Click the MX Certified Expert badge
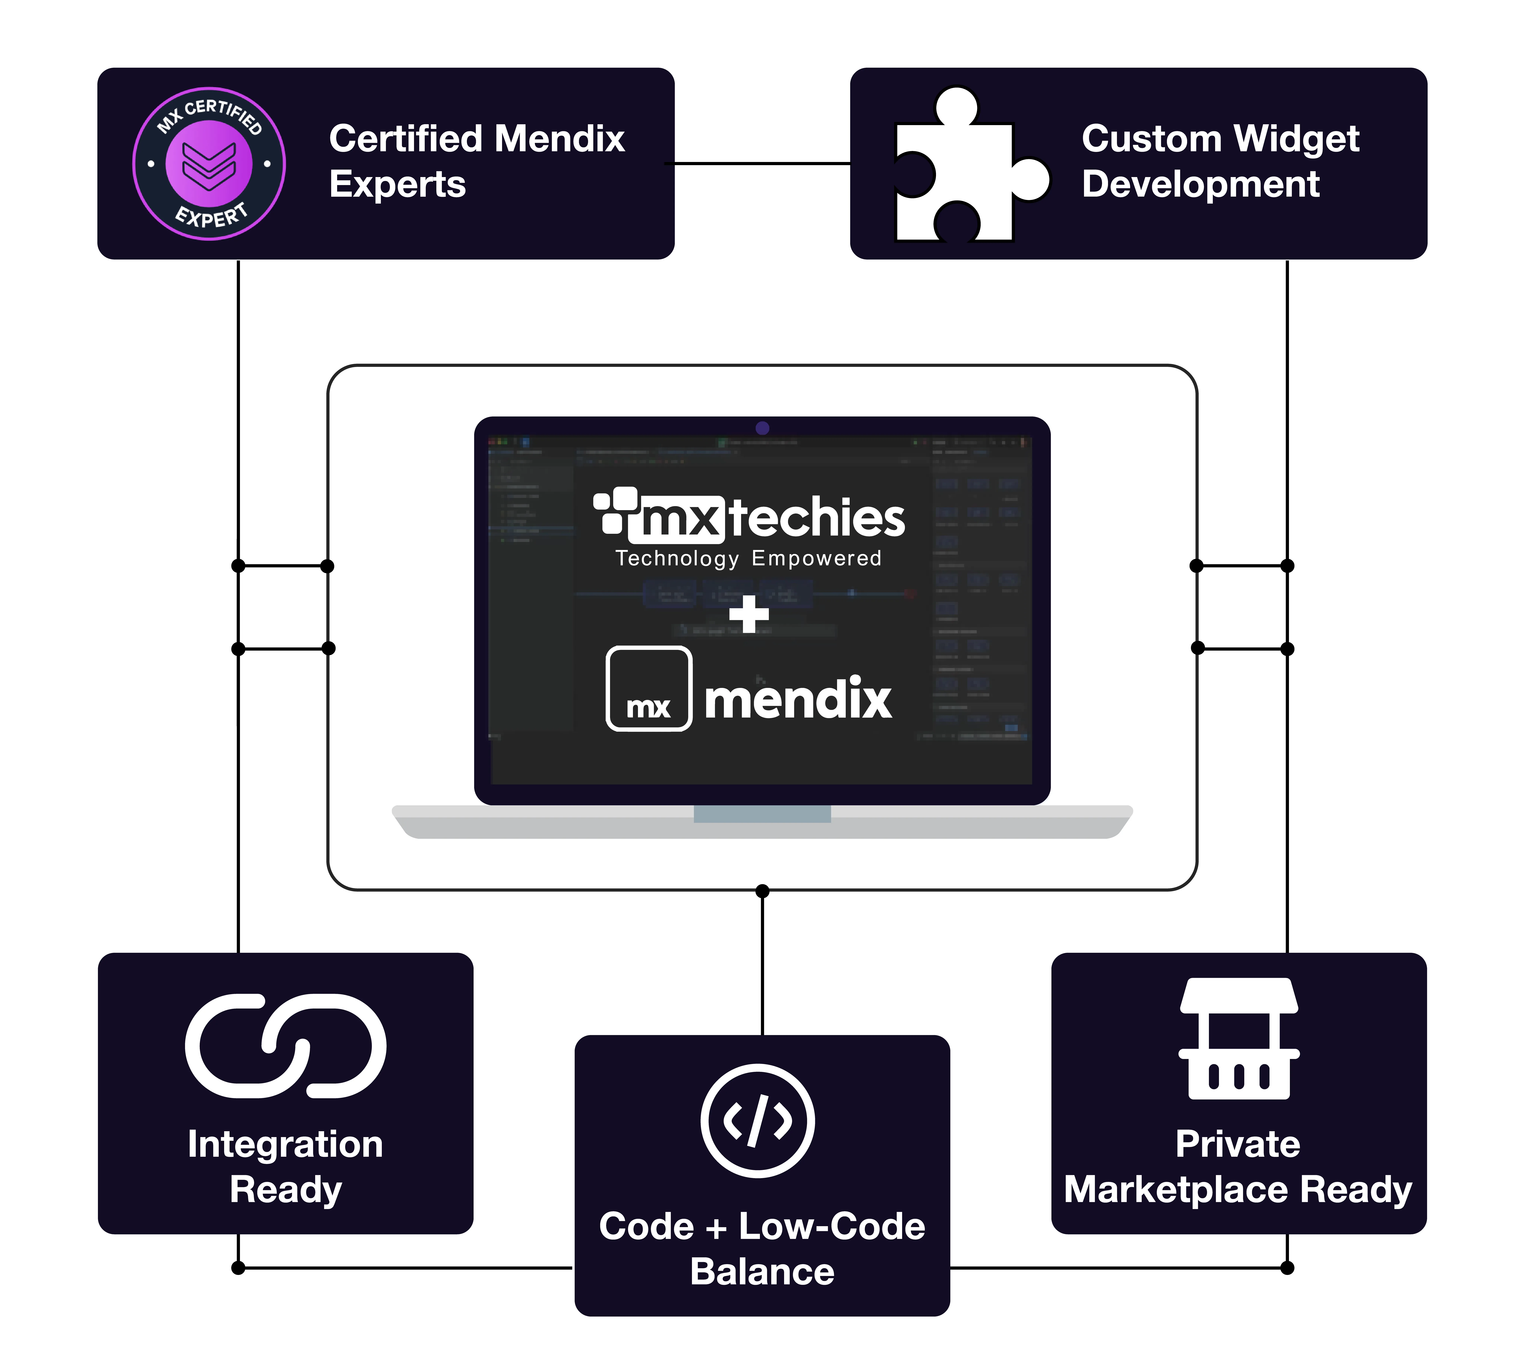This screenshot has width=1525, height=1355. (209, 163)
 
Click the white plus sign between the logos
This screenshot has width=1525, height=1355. (748, 613)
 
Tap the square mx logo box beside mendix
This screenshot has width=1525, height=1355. (648, 688)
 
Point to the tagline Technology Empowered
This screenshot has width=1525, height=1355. (748, 558)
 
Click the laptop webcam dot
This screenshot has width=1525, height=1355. (762, 427)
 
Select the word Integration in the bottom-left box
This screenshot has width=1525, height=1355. (285, 1144)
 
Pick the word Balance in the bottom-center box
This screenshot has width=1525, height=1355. (762, 1271)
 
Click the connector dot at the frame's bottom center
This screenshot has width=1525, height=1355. (762, 891)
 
